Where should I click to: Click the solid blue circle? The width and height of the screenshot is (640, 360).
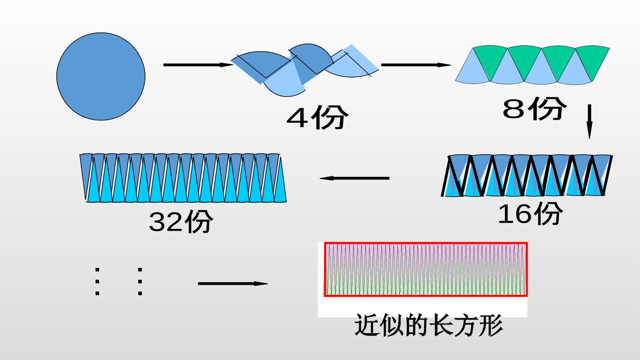tap(101, 76)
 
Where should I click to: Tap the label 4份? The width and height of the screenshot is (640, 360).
tap(317, 117)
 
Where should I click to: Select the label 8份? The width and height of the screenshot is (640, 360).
tap(534, 108)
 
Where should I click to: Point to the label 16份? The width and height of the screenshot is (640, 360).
tap(530, 213)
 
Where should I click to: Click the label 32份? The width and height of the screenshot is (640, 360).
tap(181, 221)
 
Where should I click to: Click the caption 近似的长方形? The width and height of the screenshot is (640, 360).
tap(428, 325)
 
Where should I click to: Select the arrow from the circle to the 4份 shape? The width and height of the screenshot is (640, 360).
tap(198, 65)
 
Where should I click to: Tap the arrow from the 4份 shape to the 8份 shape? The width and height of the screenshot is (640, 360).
tap(416, 65)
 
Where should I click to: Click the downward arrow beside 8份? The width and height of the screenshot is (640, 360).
tap(589, 122)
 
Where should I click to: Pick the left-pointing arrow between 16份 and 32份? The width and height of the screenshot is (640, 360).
tap(354, 178)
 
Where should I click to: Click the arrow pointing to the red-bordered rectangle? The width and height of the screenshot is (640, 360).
tap(233, 284)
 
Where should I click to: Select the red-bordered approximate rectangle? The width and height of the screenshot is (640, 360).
tap(426, 269)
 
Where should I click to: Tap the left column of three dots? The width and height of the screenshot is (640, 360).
tap(97, 281)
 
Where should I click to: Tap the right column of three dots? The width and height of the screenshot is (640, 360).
tap(140, 281)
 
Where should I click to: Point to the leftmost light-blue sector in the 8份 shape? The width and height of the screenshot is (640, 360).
tap(473, 70)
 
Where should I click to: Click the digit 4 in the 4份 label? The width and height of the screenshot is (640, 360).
tap(297, 118)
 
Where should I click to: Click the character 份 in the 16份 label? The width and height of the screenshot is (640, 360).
tap(548, 213)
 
